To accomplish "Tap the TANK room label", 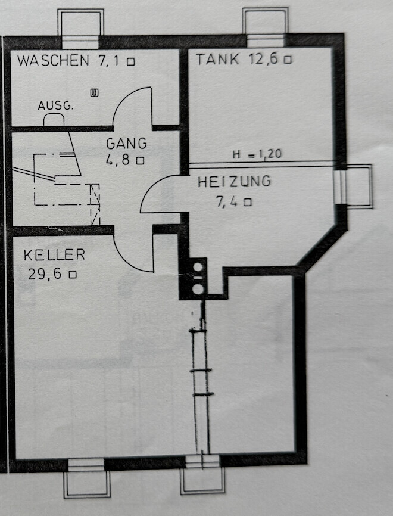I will click(x=218, y=59).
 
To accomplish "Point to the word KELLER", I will click(x=54, y=255).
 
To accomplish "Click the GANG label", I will click(x=126, y=144).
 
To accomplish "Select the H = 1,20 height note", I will click(x=257, y=154).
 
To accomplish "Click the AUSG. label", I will click(x=55, y=106).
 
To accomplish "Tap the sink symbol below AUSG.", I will click(x=54, y=120).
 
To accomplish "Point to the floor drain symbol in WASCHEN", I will click(x=94, y=92).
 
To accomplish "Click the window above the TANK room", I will click(x=265, y=27).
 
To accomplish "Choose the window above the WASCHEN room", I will click(x=80, y=27).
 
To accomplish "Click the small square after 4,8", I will click(x=141, y=160).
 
